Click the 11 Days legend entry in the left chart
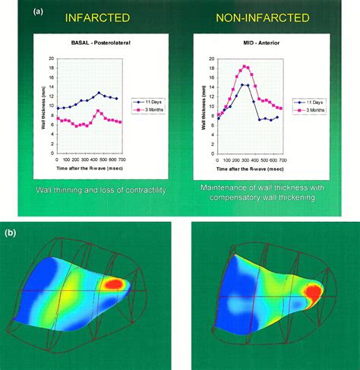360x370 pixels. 150,100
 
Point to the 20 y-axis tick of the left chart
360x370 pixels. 51,59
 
